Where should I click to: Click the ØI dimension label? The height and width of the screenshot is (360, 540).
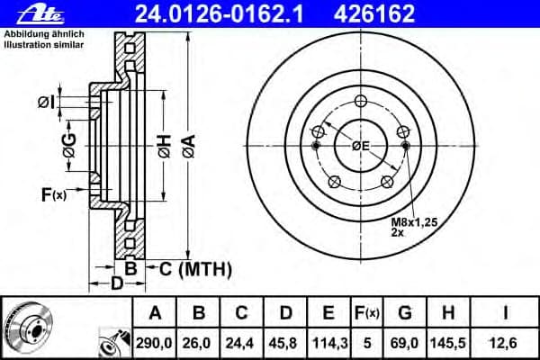pos(47,103)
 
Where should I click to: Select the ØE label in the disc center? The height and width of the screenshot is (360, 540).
pos(361,146)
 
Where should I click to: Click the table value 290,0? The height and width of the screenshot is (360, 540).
pos(155,342)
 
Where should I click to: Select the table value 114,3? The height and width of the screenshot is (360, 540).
pos(328,342)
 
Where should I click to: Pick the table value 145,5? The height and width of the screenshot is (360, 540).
pos(451,342)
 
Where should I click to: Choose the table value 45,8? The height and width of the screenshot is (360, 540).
pos(285,342)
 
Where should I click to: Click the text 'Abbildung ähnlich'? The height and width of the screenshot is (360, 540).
pos(39,33)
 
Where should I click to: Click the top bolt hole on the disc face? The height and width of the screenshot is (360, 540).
pos(360,100)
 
